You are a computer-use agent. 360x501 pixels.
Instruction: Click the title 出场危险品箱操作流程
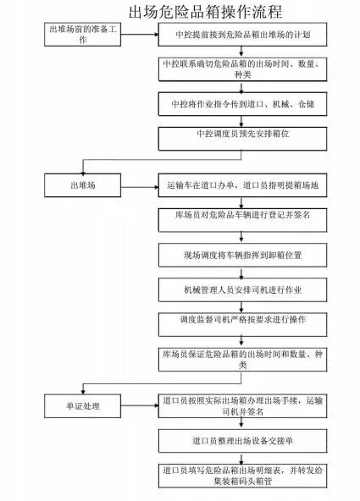point(205,12)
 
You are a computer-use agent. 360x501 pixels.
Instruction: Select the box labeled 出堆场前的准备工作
point(82,35)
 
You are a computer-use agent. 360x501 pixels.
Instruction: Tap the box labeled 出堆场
point(82,185)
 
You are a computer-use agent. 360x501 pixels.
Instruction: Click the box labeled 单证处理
point(82,405)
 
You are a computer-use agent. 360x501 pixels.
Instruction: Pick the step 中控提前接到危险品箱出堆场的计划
point(242,35)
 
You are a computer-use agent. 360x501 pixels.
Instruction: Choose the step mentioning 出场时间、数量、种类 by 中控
point(242,69)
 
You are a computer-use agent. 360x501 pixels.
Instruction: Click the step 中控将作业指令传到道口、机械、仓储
point(242,104)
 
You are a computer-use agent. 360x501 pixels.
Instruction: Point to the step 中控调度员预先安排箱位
point(242,139)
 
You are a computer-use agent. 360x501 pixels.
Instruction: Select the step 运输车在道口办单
point(242,185)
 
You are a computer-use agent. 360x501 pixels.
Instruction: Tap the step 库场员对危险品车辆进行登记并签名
point(242,220)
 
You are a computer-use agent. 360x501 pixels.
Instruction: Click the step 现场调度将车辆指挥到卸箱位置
point(242,255)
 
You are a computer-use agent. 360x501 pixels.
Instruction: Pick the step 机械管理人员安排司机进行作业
point(242,289)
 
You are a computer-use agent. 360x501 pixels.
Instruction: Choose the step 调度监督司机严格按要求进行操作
point(242,325)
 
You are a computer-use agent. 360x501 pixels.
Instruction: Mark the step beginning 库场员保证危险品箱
point(242,360)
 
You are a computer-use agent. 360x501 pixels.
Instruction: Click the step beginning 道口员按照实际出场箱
point(242,405)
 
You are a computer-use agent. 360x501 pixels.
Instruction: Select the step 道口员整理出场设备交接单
point(242,441)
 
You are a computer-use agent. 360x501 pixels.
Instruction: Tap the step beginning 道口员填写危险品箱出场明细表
point(242,476)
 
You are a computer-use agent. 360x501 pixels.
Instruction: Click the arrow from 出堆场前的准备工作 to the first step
point(140,34)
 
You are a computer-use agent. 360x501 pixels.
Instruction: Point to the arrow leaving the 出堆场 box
point(140,187)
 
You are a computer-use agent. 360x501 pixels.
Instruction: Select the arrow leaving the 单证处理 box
point(140,405)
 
